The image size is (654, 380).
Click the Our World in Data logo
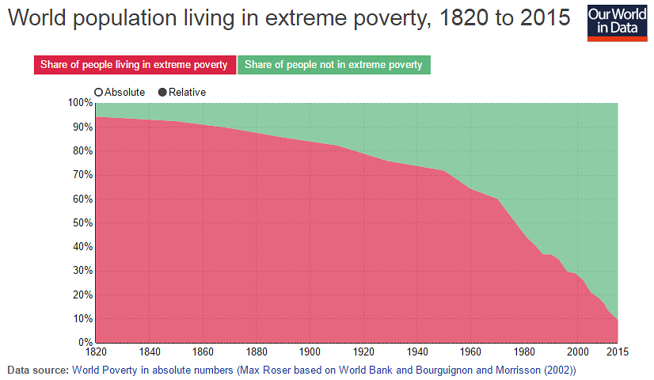pyautogui.click(x=616, y=21)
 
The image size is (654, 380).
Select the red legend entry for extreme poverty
pyautogui.click(x=134, y=64)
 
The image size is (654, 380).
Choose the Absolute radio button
pyautogui.click(x=99, y=92)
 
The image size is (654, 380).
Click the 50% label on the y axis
pyautogui.click(x=82, y=222)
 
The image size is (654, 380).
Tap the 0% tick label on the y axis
pyautogui.click(x=84, y=343)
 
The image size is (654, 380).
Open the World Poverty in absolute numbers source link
pyautogui.click(x=324, y=370)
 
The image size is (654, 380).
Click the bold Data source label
pyautogui.click(x=37, y=370)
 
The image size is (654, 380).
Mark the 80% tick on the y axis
pyautogui.click(x=82, y=150)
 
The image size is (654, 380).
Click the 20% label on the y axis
pyautogui.click(x=82, y=294)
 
